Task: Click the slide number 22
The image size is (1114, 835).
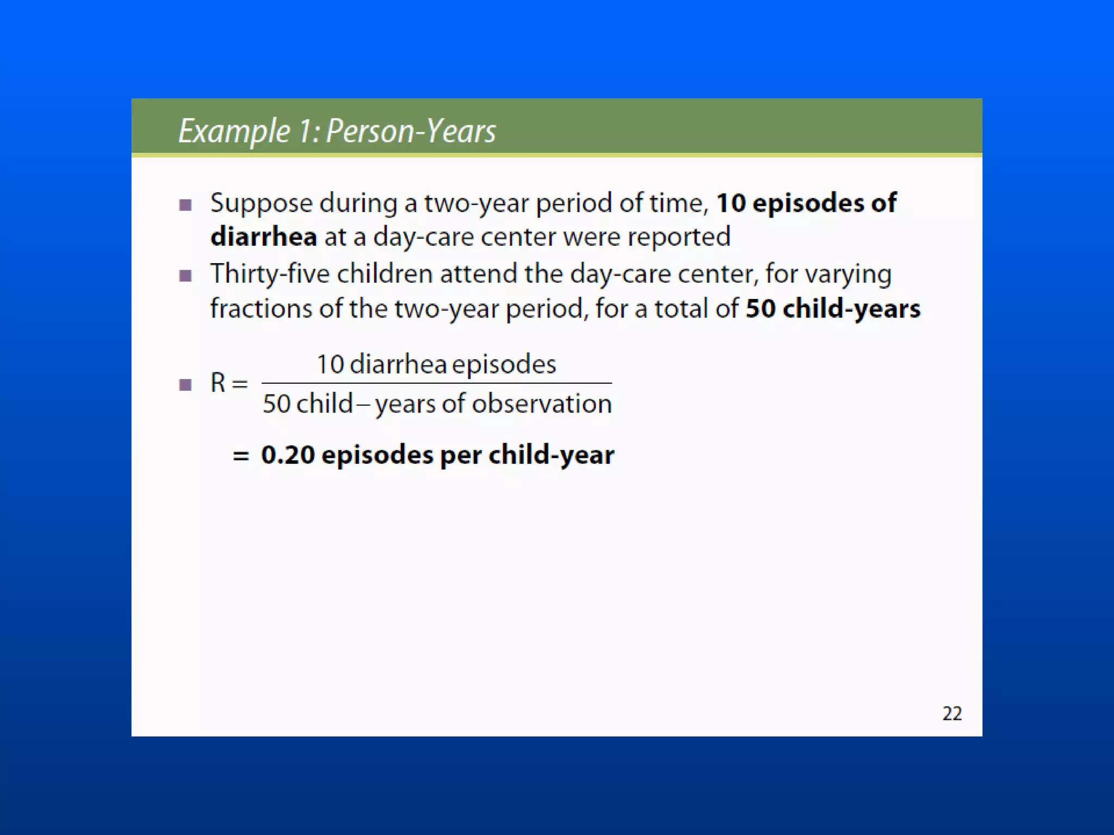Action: coord(951,713)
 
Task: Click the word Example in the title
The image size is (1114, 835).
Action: coord(234,132)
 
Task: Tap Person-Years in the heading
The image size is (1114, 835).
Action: coord(411,132)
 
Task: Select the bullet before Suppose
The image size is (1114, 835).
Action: coord(185,205)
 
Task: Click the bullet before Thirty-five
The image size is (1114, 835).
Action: coord(185,276)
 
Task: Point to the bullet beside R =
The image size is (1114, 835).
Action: coord(185,385)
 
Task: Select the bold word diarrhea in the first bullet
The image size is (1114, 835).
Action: coord(263,237)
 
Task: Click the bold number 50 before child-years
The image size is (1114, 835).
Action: coord(760,309)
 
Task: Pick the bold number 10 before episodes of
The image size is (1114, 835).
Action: coord(731,203)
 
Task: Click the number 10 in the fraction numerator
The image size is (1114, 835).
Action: coord(330,364)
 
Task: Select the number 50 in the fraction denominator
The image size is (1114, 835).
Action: coord(276,404)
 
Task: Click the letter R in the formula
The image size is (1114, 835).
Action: coord(218,383)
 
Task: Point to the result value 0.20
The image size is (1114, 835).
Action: coord(288,455)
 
